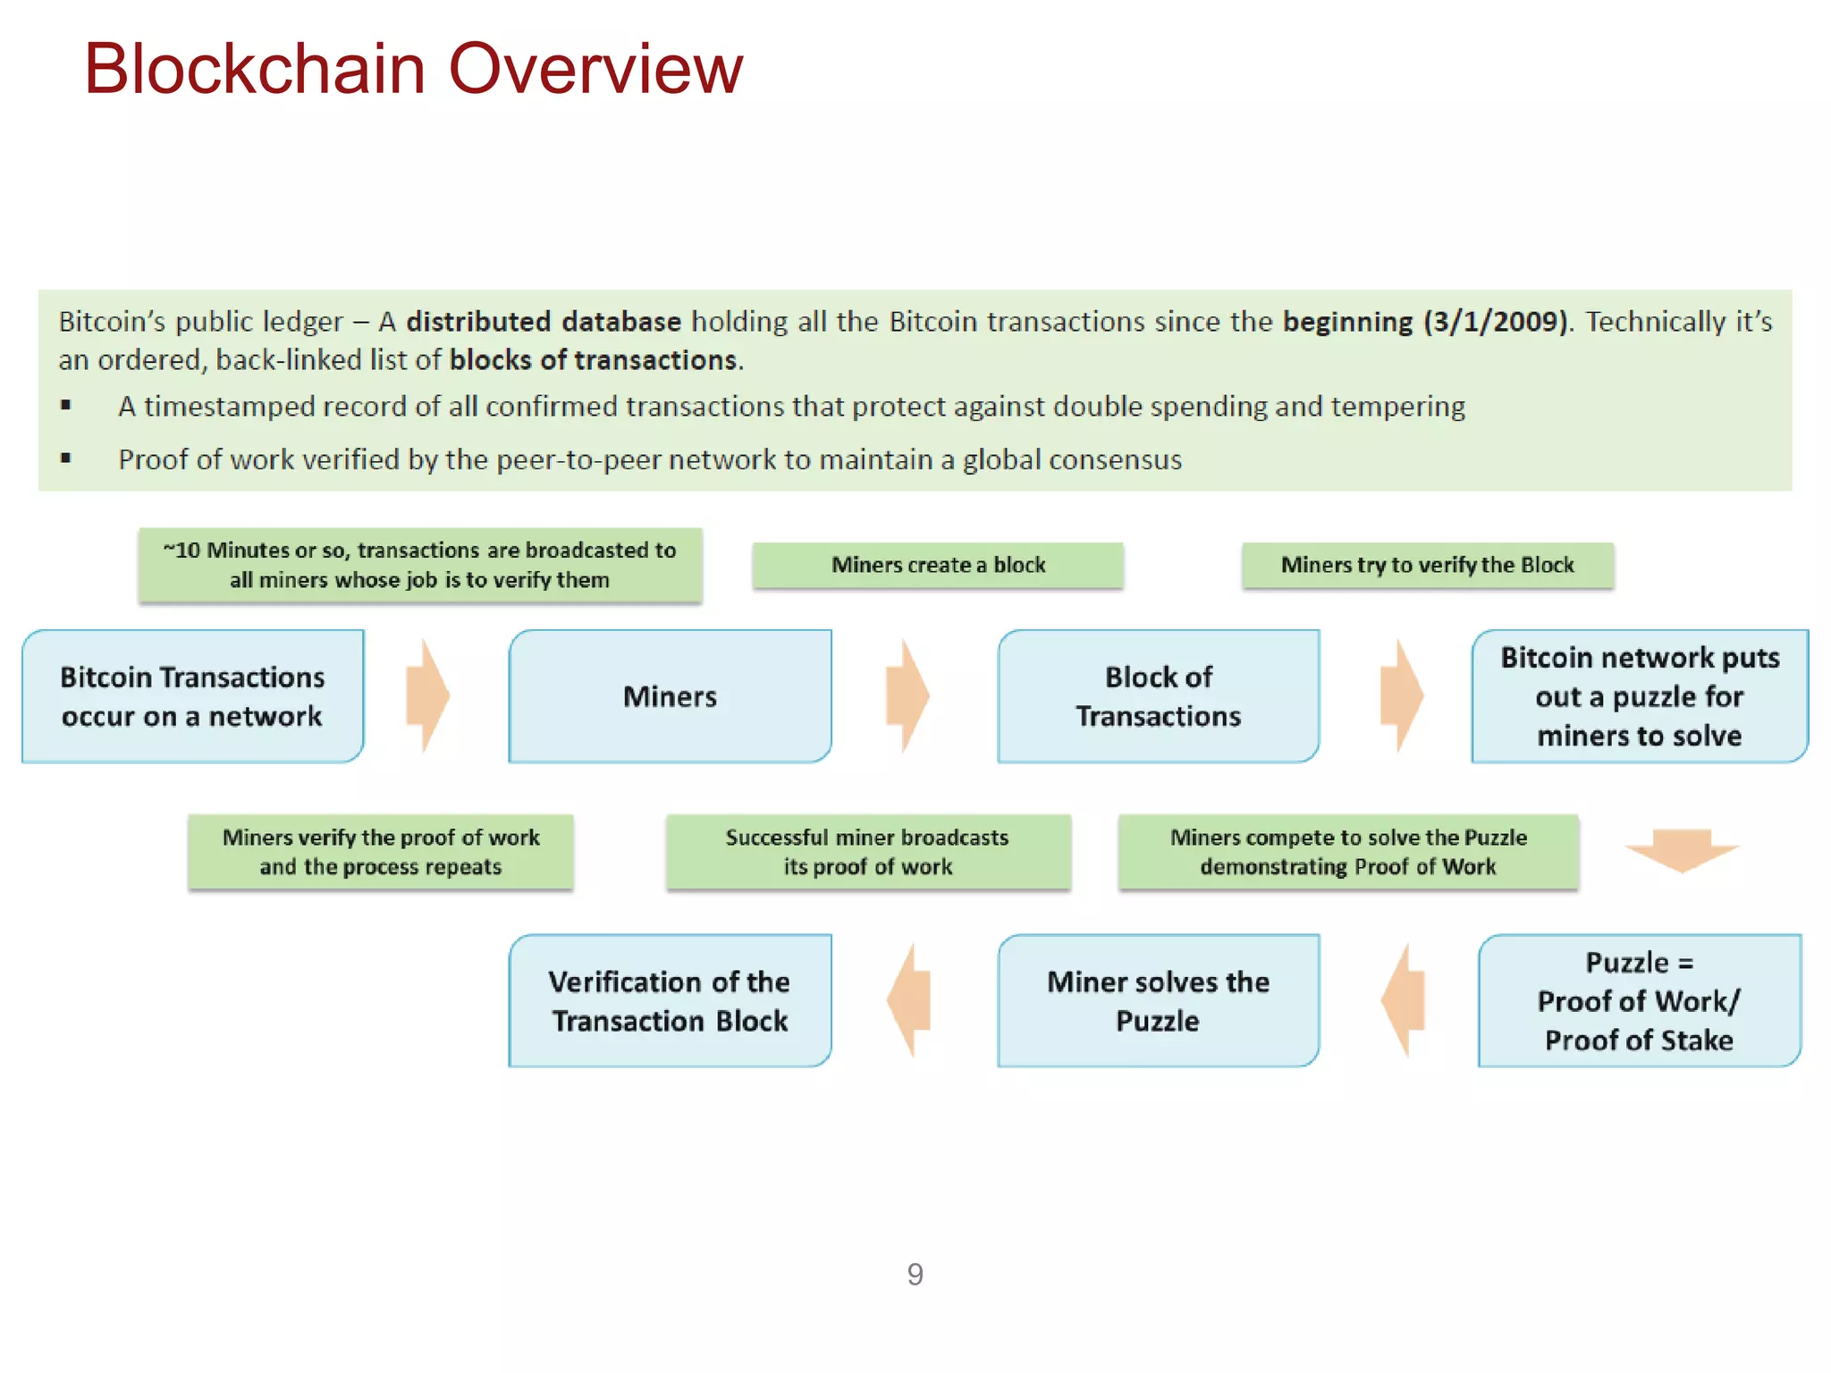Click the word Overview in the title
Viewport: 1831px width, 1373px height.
coord(595,69)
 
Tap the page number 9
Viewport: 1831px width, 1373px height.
coord(915,1274)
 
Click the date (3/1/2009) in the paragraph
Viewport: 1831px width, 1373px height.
coord(1496,321)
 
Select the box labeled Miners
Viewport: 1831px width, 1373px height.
coord(670,696)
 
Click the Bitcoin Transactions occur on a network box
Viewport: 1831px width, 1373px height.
coord(192,696)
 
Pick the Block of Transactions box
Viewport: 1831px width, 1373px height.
coord(1158,696)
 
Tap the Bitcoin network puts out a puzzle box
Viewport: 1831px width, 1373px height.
coord(1639,696)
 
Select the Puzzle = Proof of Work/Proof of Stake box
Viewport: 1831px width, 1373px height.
coord(1639,1000)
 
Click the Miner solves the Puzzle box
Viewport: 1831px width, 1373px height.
coord(1158,1000)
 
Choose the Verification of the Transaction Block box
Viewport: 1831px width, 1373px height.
coord(670,1000)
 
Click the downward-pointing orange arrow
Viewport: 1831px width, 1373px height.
coord(1681,849)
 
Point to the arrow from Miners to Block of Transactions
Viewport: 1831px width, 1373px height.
coord(907,695)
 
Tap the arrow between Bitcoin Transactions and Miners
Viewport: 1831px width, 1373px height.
coord(426,695)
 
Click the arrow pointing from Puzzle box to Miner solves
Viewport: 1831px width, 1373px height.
coord(1403,999)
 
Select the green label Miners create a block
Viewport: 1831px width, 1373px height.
coord(937,565)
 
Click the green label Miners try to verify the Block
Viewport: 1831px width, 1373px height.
coord(1427,565)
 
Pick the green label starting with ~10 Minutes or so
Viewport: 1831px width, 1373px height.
coord(419,565)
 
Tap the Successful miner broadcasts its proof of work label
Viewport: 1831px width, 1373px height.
coord(867,851)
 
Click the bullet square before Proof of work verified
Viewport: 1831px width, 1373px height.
coord(65,459)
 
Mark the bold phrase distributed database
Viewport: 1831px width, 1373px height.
coord(543,321)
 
